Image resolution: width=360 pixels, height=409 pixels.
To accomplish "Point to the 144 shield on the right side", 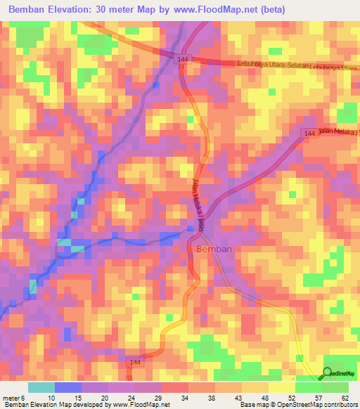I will [x=310, y=133].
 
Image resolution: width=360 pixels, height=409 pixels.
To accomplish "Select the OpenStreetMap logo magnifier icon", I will [x=328, y=373].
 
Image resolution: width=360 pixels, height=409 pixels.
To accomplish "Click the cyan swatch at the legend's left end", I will [x=41, y=387].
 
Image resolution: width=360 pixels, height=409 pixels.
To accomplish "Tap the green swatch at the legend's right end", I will [x=335, y=387].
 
